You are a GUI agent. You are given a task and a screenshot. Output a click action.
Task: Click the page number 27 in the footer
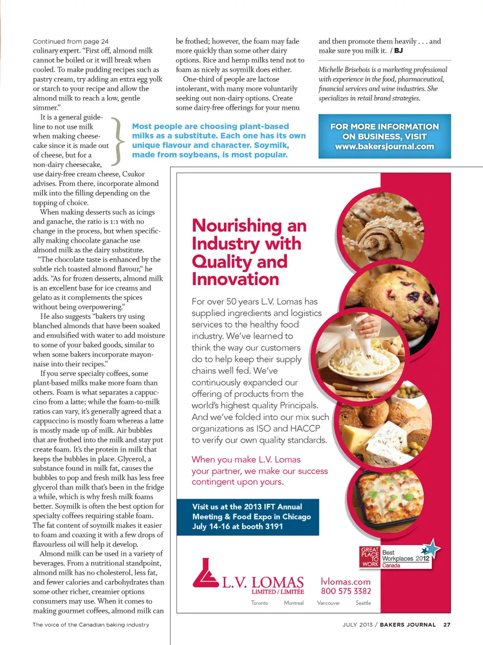point(447,624)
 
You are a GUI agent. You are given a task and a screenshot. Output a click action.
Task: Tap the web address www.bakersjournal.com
point(384,147)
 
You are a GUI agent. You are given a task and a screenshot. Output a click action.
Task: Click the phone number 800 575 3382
point(346,591)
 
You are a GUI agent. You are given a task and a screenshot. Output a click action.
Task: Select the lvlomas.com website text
point(346,581)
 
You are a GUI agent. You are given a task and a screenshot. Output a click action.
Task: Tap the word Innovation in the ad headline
point(235,279)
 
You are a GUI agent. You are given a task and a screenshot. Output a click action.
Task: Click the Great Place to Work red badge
point(370,557)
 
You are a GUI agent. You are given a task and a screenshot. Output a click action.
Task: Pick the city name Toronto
point(260,603)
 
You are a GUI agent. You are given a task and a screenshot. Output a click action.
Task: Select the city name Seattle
point(363,603)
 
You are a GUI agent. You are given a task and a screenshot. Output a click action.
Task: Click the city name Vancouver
point(329,603)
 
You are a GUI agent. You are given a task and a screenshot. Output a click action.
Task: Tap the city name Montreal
point(294,603)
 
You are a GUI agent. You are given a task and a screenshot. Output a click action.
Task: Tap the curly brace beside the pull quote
point(117,141)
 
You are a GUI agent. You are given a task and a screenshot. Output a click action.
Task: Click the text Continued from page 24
point(70,41)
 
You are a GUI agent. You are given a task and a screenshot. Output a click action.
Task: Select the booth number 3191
point(274,526)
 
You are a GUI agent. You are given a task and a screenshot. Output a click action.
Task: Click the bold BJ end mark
point(398,50)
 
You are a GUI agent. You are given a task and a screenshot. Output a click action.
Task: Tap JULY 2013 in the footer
point(357,624)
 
